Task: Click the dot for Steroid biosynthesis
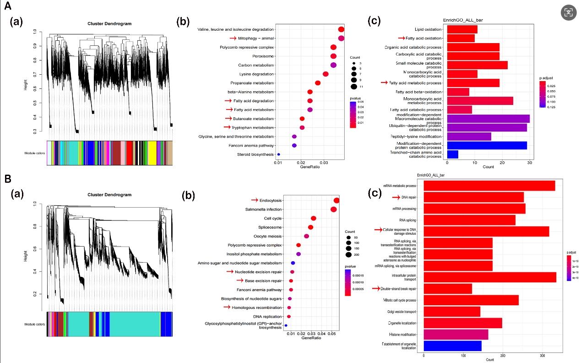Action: click(279, 154)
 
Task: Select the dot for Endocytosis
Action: click(337, 200)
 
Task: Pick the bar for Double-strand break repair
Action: click(448, 289)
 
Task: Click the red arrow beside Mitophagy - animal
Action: click(233, 38)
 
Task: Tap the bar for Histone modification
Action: click(456, 335)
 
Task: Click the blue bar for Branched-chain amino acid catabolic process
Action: click(453, 154)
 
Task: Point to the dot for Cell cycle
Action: click(314, 218)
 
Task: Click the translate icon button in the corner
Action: click(569, 12)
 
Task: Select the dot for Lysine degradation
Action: click(325, 74)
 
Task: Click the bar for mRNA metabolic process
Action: click(489, 186)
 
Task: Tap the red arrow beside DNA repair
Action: click(396, 197)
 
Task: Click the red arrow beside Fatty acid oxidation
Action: click(402, 38)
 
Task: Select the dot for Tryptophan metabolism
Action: click(302, 127)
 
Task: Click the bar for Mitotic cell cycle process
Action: click(471, 300)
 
